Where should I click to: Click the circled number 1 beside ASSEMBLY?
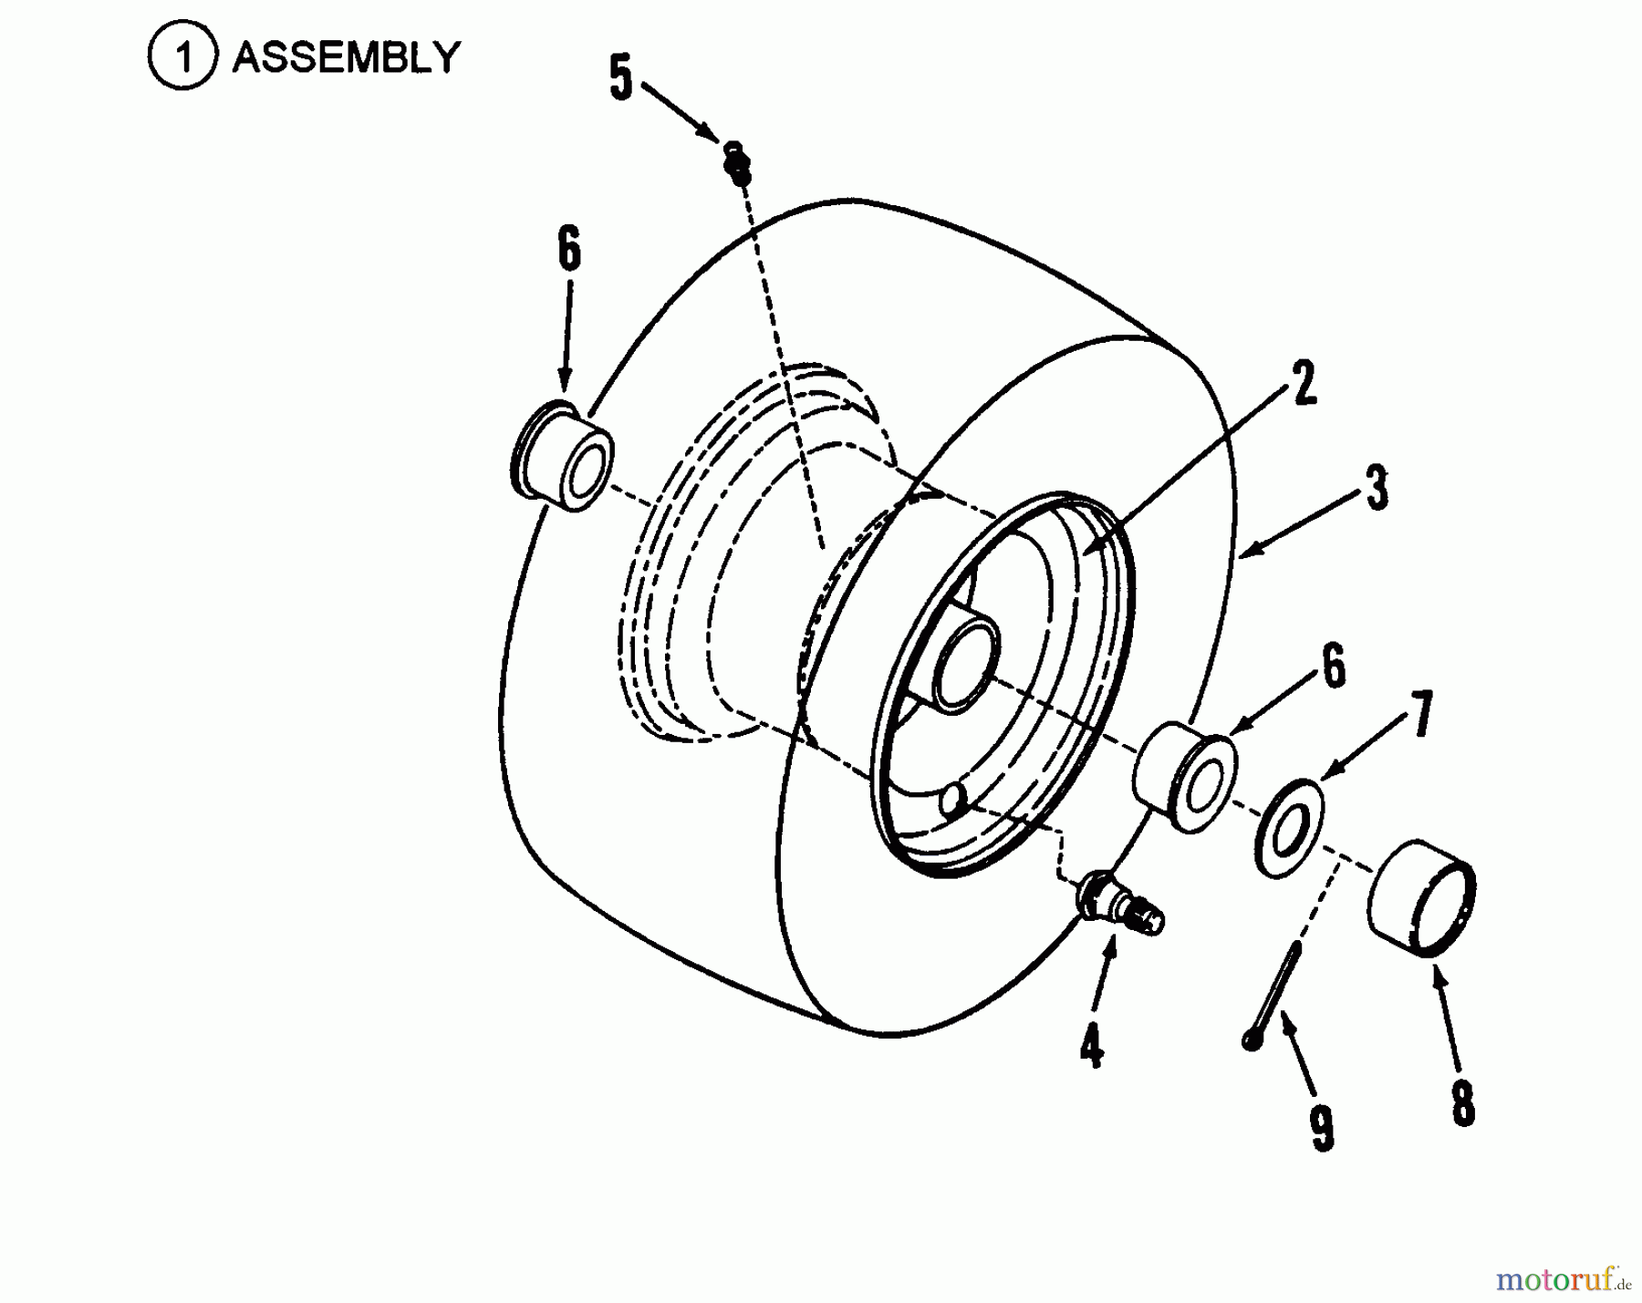click(182, 58)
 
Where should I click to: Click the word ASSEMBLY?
click(346, 58)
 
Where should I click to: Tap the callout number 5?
click(620, 78)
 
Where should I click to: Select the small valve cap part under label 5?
click(737, 162)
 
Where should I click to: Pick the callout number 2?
click(1305, 383)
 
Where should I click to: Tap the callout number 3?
click(1377, 488)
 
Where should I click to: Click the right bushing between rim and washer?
click(1184, 775)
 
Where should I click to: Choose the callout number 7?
click(1419, 713)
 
